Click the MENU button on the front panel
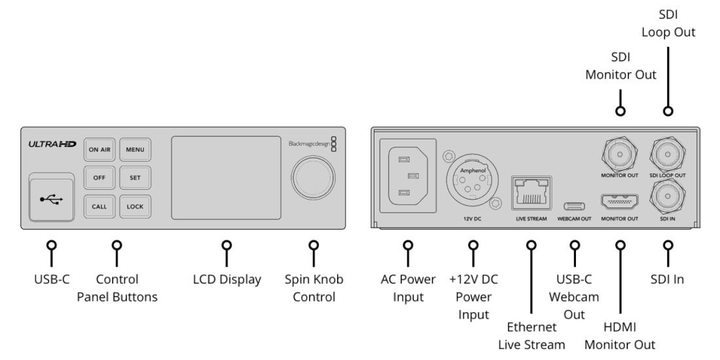(x=135, y=150)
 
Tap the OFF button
(x=99, y=177)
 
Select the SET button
(x=135, y=177)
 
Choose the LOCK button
(x=135, y=207)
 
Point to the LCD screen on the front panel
(x=226, y=177)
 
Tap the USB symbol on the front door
(x=51, y=199)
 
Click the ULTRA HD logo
(x=52, y=144)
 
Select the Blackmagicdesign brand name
(x=309, y=144)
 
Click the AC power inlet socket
(x=408, y=176)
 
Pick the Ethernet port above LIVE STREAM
(x=531, y=192)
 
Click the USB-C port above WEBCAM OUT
(x=574, y=206)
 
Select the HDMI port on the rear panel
(x=619, y=202)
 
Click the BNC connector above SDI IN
(x=668, y=197)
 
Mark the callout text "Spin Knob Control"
(x=314, y=288)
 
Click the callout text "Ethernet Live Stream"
(x=531, y=336)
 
